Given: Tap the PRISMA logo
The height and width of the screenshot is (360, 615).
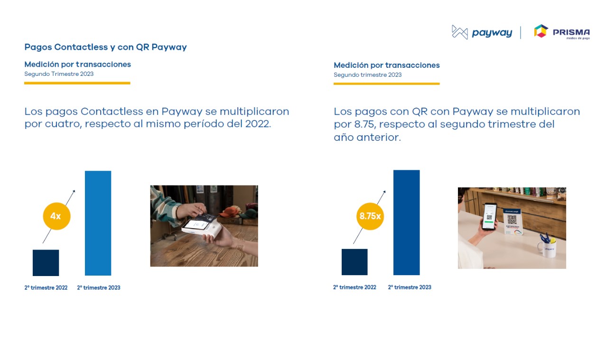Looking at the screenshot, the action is coord(562,32).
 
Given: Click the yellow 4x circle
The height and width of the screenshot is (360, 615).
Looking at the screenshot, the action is coord(56,216).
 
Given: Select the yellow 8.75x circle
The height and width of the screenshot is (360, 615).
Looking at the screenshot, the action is coord(370,216).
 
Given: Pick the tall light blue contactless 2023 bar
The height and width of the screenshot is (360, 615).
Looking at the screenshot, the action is coord(98,223).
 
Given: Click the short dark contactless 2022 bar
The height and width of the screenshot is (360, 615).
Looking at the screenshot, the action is coord(46,263).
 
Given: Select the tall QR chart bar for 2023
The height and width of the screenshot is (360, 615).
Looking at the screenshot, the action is coord(406,222).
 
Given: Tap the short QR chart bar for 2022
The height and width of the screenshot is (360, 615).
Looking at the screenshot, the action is coord(354,262).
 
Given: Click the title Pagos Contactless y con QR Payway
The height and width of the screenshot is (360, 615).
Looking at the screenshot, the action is coord(105,47).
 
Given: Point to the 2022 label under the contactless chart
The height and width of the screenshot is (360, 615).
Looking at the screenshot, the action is coord(46,287).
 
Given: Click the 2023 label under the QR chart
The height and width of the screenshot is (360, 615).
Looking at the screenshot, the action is coord(410,287).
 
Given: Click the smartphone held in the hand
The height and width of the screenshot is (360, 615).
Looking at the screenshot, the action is coord(490,216).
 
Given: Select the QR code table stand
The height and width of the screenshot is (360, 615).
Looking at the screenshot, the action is coord(513,222).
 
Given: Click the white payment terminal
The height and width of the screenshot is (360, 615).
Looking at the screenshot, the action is coord(202,228).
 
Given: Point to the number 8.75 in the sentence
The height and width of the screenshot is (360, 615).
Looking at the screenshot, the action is coord(364,124).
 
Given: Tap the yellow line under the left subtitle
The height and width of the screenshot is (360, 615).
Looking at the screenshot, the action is coord(77,83).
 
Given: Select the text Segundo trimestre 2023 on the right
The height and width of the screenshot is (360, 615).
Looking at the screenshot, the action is coord(368,75).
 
